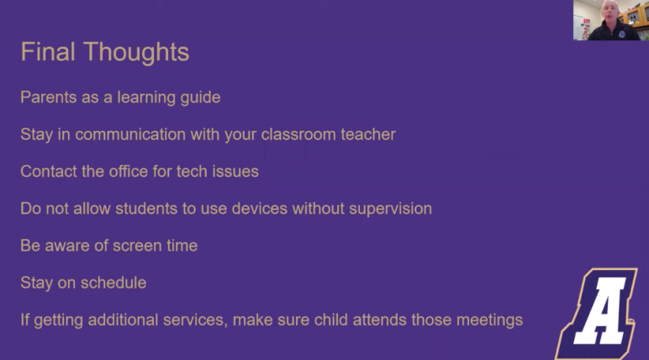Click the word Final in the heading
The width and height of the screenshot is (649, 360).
click(x=48, y=51)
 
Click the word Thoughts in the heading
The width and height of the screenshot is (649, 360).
click(x=136, y=53)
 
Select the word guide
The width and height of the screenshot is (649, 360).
click(x=200, y=98)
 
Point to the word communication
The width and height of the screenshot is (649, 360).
click(x=130, y=135)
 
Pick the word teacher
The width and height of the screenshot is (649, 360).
click(x=368, y=135)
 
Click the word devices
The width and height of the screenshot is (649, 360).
click(x=259, y=208)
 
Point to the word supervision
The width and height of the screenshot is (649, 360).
click(x=390, y=209)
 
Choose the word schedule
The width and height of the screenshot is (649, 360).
click(x=113, y=282)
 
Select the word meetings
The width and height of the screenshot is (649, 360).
click(x=489, y=320)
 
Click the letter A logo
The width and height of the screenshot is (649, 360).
click(x=596, y=313)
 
